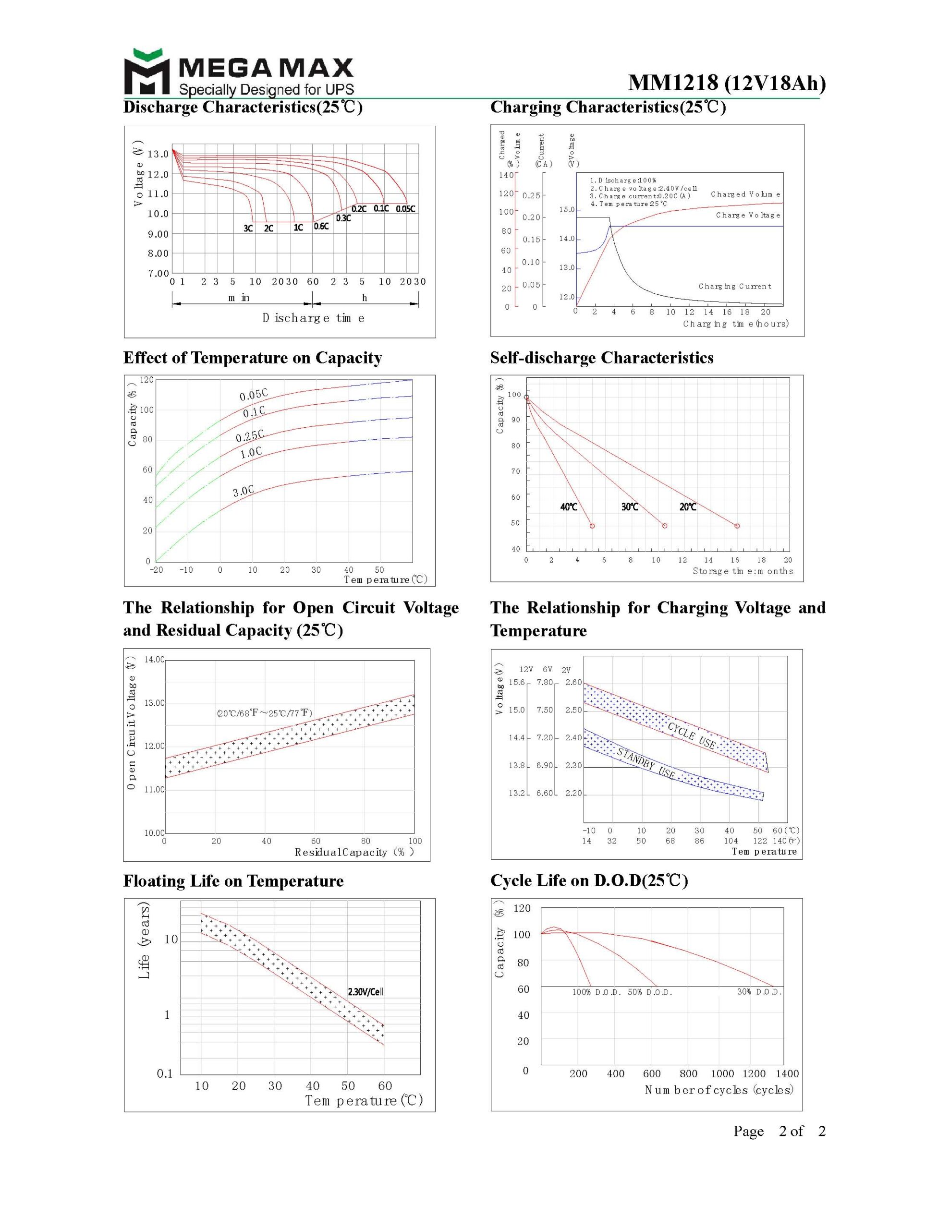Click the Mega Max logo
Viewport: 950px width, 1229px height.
239,72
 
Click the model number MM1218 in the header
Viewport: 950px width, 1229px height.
673,83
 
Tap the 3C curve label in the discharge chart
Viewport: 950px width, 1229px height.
248,228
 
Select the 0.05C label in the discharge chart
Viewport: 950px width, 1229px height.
405,209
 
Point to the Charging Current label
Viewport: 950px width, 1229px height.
734,287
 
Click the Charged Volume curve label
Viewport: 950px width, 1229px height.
745,194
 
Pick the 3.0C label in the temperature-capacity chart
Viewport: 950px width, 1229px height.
244,491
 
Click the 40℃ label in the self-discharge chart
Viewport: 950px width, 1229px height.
569,507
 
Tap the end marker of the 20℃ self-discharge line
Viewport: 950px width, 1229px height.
737,526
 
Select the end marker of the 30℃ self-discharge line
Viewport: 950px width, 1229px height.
665,526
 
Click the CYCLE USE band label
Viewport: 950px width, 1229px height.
692,735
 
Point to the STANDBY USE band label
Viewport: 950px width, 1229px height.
646,763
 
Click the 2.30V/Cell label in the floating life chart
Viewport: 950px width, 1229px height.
365,991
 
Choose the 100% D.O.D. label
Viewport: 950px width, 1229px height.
597,992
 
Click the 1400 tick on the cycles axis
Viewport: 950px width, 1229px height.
787,1073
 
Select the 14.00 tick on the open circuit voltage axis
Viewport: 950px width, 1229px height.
154,660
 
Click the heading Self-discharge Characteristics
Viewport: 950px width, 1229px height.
601,358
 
